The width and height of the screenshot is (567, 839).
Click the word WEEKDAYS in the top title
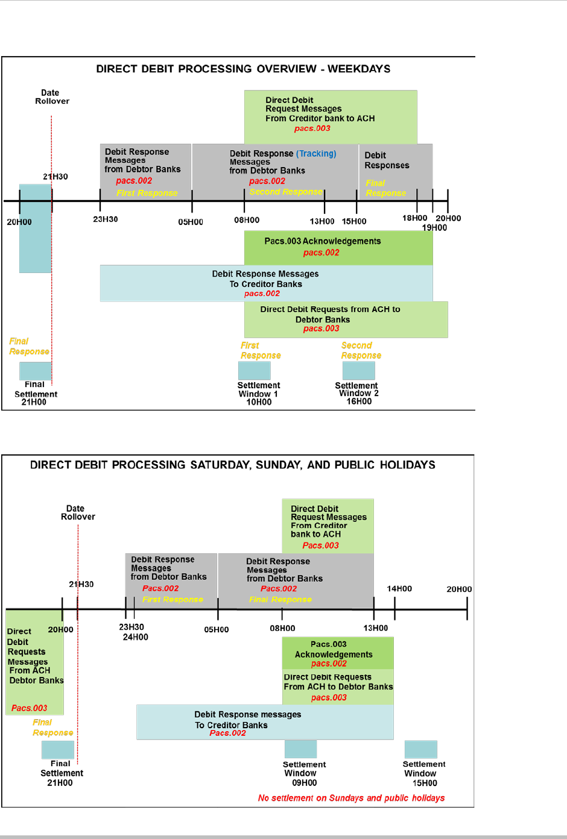359,69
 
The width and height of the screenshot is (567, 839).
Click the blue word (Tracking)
316,154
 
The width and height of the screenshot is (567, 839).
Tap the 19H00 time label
434,228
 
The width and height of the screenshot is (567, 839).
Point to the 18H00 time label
415,218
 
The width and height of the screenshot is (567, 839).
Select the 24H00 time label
135,637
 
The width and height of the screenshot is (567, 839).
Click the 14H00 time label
399,589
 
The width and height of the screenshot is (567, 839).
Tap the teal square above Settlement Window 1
254,371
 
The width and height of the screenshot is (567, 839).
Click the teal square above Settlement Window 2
358,371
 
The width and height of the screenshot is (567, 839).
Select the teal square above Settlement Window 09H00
300,749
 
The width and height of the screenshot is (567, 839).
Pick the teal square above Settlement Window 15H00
420,749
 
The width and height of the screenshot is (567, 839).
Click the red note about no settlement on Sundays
351,798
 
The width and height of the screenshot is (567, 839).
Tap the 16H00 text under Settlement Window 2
359,401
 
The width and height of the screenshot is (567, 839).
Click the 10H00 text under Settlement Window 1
259,402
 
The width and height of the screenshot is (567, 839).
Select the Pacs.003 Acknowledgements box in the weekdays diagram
338,248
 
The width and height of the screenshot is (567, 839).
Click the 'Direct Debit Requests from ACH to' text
330,309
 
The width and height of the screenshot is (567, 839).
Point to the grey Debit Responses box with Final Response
395,172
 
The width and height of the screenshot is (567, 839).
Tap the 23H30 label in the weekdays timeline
106,219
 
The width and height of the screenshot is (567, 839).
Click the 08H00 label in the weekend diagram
282,629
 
